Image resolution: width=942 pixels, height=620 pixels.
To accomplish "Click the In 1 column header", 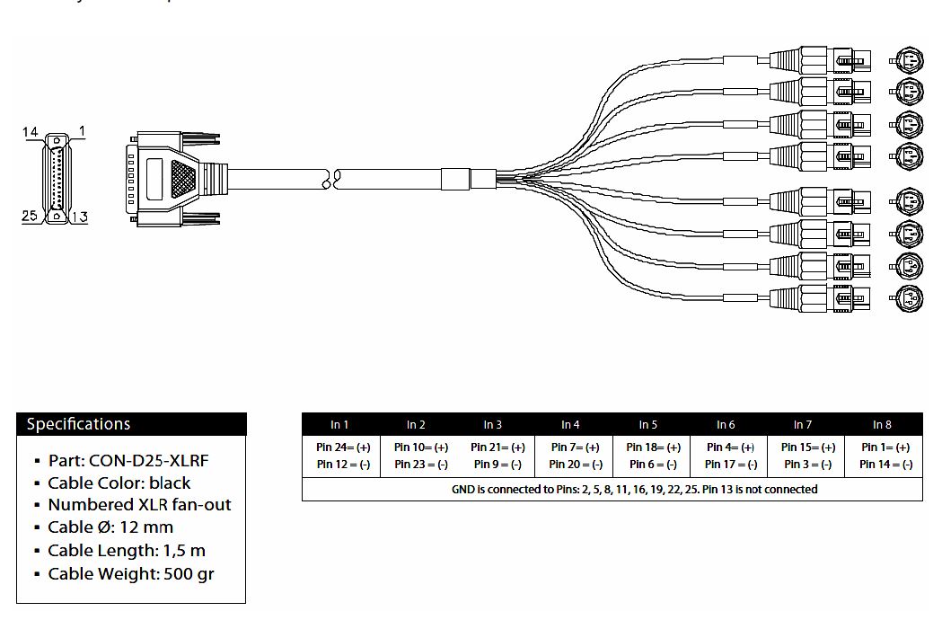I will (x=339, y=424).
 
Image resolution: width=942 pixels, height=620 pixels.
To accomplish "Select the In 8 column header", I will (x=882, y=424).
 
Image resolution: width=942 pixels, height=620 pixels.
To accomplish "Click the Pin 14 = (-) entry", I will (x=885, y=465).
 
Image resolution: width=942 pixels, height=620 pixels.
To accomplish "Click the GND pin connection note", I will (x=634, y=490).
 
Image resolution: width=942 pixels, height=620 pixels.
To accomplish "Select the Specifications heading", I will (x=78, y=424).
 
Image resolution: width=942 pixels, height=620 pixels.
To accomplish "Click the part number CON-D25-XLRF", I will (x=128, y=460).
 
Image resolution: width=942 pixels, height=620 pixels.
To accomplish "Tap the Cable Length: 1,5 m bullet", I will (x=127, y=550).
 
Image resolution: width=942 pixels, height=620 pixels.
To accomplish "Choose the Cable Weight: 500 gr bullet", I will (x=130, y=573).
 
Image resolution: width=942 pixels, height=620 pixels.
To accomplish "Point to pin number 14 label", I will (x=30, y=133).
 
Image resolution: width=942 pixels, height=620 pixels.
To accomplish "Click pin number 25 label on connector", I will (x=30, y=216).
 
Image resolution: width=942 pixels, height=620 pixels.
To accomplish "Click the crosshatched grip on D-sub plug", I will (x=183, y=175).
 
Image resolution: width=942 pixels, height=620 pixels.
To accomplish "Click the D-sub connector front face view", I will (x=56, y=175).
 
